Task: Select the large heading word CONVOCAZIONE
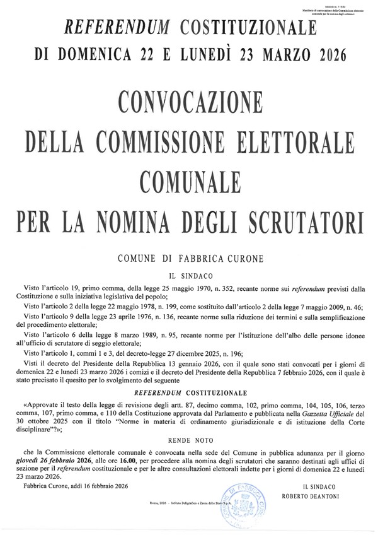189,103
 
